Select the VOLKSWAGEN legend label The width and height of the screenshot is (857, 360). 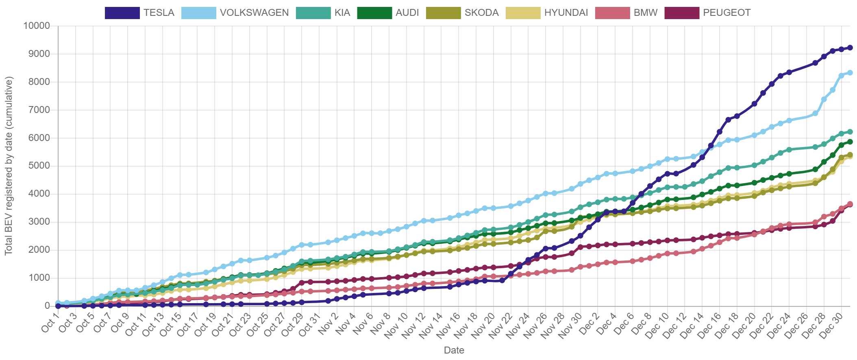click(x=254, y=13)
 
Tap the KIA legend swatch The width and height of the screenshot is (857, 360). click(x=313, y=13)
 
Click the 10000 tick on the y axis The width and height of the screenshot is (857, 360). click(x=37, y=26)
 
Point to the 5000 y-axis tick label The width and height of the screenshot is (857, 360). click(x=39, y=165)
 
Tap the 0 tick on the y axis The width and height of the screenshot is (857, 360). click(x=47, y=305)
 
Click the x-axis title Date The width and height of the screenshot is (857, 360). click(x=454, y=350)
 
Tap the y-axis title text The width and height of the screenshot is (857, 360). click(x=9, y=166)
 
